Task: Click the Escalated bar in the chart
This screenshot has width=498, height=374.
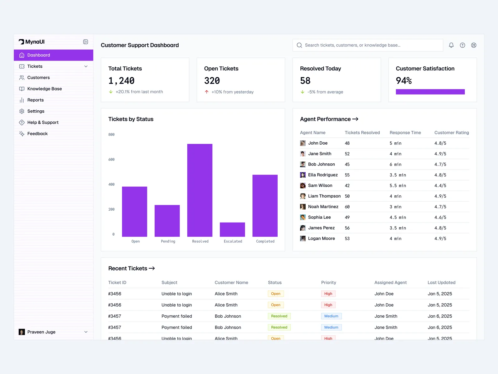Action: [232, 230]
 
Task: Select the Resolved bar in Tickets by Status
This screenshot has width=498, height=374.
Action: [200, 190]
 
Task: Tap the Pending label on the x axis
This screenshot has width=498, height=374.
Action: [168, 242]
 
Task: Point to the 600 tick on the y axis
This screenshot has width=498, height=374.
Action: [111, 160]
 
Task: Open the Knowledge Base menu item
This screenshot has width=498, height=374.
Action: [45, 89]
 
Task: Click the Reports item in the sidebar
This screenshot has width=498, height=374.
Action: [35, 100]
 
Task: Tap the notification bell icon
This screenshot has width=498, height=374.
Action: [451, 45]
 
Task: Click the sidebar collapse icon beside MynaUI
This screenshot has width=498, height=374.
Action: [86, 42]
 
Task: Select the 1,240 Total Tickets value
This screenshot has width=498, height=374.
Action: [121, 81]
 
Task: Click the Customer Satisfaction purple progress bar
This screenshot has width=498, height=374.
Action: [430, 92]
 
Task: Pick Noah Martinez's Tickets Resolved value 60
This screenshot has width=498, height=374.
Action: [347, 207]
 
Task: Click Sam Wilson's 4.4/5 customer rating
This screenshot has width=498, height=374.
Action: [440, 186]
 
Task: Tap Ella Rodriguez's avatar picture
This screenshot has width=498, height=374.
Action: [303, 175]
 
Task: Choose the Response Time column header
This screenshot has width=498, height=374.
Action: [405, 133]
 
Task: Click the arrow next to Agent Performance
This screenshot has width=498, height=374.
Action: [355, 119]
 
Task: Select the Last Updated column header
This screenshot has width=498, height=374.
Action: [441, 283]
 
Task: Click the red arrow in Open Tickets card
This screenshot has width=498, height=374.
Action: [207, 92]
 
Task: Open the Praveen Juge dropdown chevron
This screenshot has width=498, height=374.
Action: [86, 332]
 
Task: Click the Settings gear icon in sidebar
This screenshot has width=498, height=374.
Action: [22, 111]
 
